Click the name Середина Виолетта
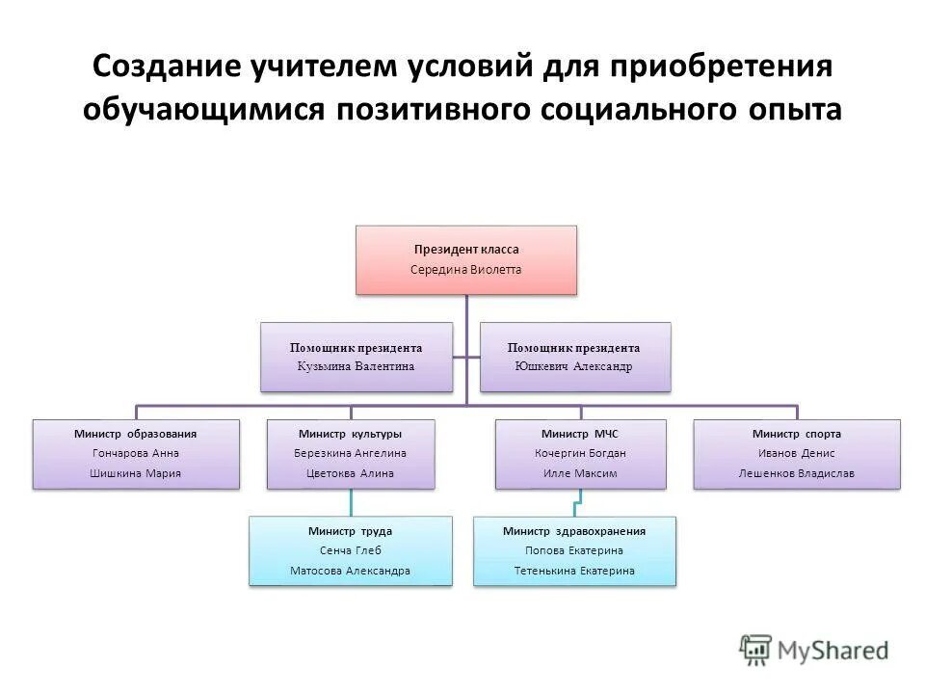pos(466,270)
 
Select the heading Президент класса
pos(466,250)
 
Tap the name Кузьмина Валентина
pos(357,366)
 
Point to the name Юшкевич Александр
pos(575,366)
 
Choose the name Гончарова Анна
pos(136,453)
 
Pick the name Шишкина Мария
pos(136,473)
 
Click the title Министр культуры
pos(350,434)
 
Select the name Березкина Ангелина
pos(350,453)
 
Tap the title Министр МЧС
pos(579,434)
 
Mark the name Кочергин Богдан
pos(579,453)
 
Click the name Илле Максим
pos(579,473)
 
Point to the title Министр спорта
pos(796,434)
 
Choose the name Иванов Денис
pos(796,453)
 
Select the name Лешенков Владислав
pos(796,473)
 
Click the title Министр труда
pos(350,531)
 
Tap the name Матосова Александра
pos(350,571)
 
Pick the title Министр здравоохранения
pos(574,531)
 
